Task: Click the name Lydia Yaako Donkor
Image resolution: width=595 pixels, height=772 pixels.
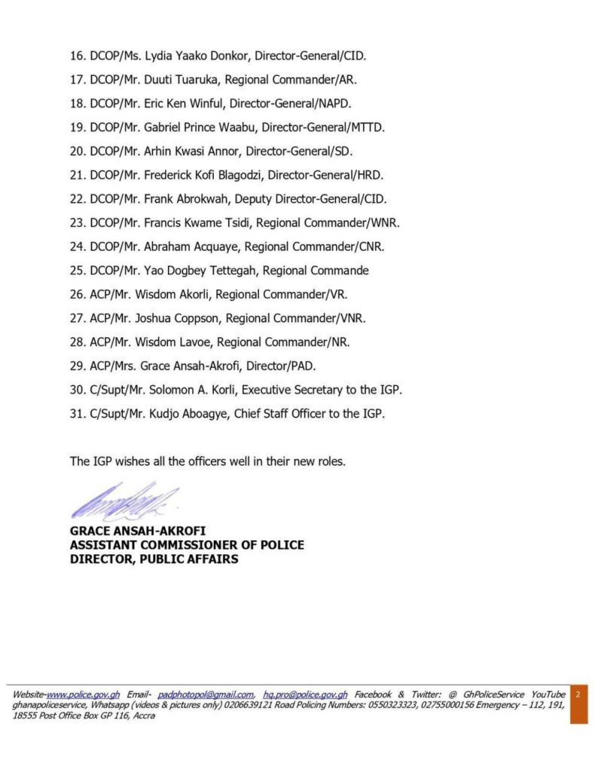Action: pyautogui.click(x=188, y=55)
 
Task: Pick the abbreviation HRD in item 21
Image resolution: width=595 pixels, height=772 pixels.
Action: pyautogui.click(x=370, y=175)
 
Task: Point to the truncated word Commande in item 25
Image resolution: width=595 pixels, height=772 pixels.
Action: pyautogui.click(x=341, y=270)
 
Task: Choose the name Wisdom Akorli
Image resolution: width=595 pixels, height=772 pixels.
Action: pyautogui.click(x=175, y=294)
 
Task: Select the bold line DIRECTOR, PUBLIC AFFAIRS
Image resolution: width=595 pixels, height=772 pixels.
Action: pyautogui.click(x=154, y=559)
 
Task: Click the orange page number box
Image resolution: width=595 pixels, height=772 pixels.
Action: pyautogui.click(x=578, y=703)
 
